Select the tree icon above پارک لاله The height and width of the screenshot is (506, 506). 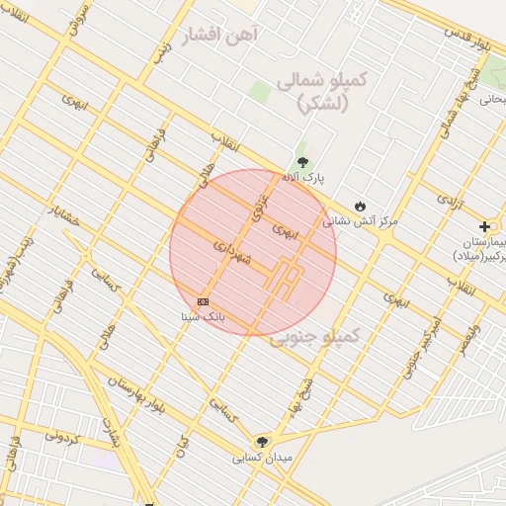pyautogui.click(x=302, y=162)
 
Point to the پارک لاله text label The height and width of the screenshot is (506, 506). pyautogui.click(x=302, y=178)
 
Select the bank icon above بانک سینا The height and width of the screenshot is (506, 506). pyautogui.click(x=203, y=300)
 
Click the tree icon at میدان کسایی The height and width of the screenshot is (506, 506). pyautogui.click(x=262, y=442)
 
